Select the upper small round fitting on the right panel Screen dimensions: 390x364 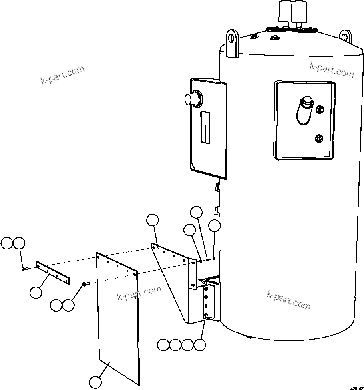tap(320, 109)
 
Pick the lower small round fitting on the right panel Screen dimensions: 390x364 tap(319, 139)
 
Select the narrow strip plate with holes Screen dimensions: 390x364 tap(53, 273)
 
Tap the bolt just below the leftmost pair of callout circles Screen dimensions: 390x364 tap(24, 269)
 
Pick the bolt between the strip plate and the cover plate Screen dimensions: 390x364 tap(85, 284)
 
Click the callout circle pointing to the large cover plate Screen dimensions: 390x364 tap(95, 382)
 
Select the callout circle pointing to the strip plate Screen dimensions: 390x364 tap(36, 292)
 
